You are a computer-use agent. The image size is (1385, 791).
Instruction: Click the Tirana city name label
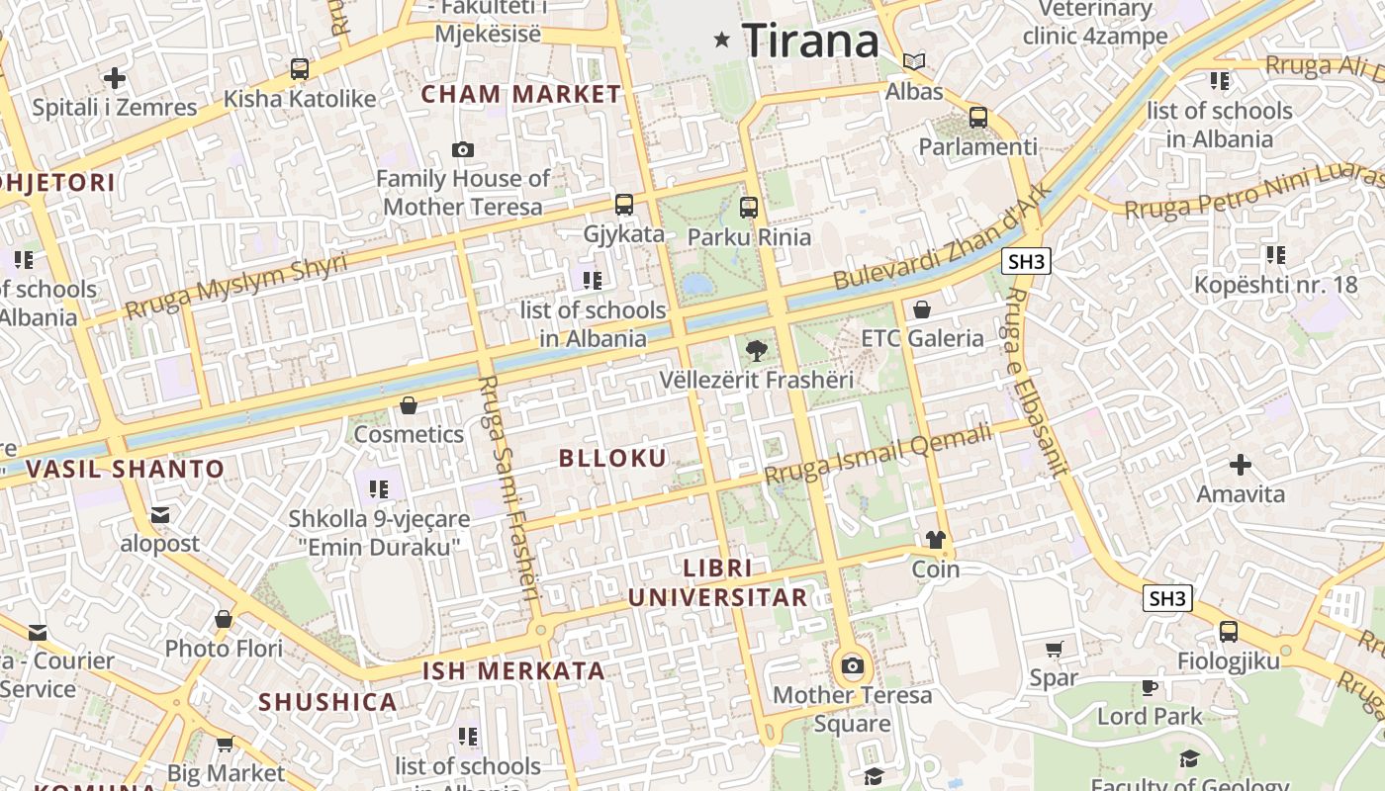(x=810, y=41)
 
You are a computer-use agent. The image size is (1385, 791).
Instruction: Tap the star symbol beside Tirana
(x=722, y=41)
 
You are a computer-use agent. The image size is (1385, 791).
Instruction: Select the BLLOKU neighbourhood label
(x=613, y=458)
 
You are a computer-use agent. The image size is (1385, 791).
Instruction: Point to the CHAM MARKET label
(x=521, y=95)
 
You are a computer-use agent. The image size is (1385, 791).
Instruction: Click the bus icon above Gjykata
(x=623, y=205)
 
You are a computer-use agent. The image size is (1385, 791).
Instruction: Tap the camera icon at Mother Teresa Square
(x=852, y=665)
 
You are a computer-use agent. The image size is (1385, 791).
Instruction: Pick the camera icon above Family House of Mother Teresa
(x=462, y=150)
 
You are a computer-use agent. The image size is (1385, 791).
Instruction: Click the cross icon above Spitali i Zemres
(x=115, y=77)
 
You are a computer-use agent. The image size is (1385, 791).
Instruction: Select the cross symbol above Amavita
(x=1240, y=464)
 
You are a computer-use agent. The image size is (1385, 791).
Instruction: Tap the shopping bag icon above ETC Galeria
(x=922, y=309)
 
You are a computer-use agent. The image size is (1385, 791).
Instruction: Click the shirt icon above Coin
(x=935, y=540)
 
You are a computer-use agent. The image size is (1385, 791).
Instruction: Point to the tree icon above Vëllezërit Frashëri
(x=757, y=349)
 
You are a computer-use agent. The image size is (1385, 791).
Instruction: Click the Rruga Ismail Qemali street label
(x=877, y=454)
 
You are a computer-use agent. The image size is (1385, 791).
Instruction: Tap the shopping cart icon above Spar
(x=1055, y=650)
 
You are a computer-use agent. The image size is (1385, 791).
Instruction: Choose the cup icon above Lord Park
(x=1149, y=687)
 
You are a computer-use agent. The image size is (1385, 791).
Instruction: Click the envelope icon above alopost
(x=160, y=514)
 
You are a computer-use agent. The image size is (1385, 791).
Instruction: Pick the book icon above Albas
(x=914, y=62)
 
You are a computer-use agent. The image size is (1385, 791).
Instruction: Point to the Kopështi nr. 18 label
(x=1276, y=285)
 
